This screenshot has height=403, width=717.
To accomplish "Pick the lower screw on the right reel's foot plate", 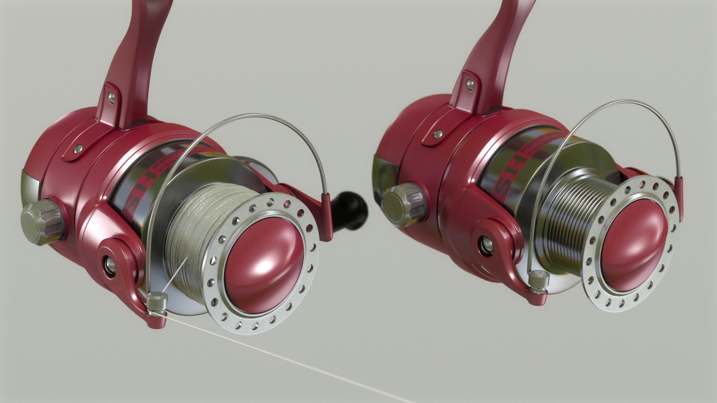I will (439, 134).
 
